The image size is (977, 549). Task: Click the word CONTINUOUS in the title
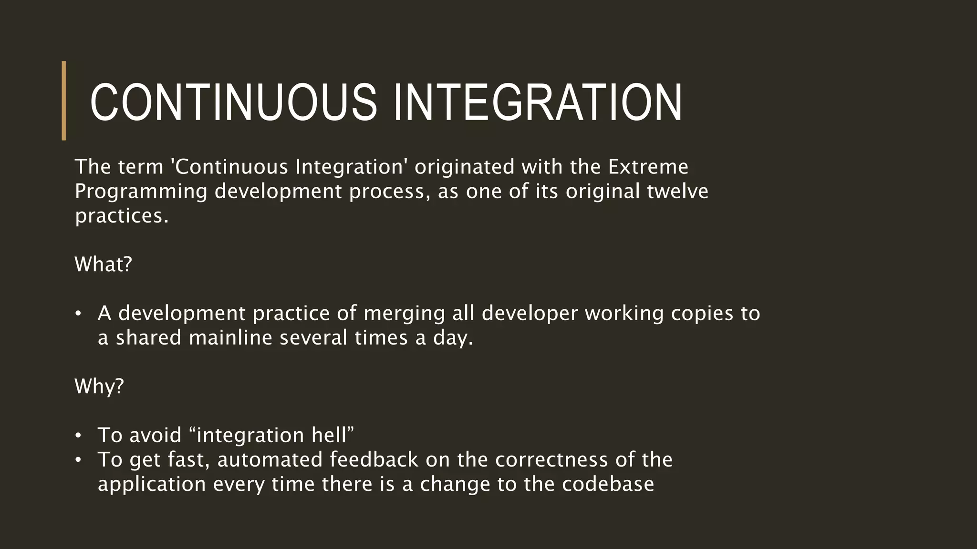[234, 102]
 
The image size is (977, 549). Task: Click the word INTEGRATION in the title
[538, 102]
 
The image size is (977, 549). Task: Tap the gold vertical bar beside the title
[64, 101]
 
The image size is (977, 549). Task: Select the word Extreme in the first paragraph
[648, 167]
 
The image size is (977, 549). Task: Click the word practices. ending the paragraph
[122, 216]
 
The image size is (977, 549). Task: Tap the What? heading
[103, 264]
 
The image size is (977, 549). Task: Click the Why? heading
[99, 386]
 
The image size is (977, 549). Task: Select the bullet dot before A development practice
[78, 314]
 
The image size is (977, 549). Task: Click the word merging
[404, 314]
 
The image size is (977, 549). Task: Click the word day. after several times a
[453, 338]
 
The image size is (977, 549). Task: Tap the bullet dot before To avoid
[78, 436]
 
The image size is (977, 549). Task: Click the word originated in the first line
[464, 167]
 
